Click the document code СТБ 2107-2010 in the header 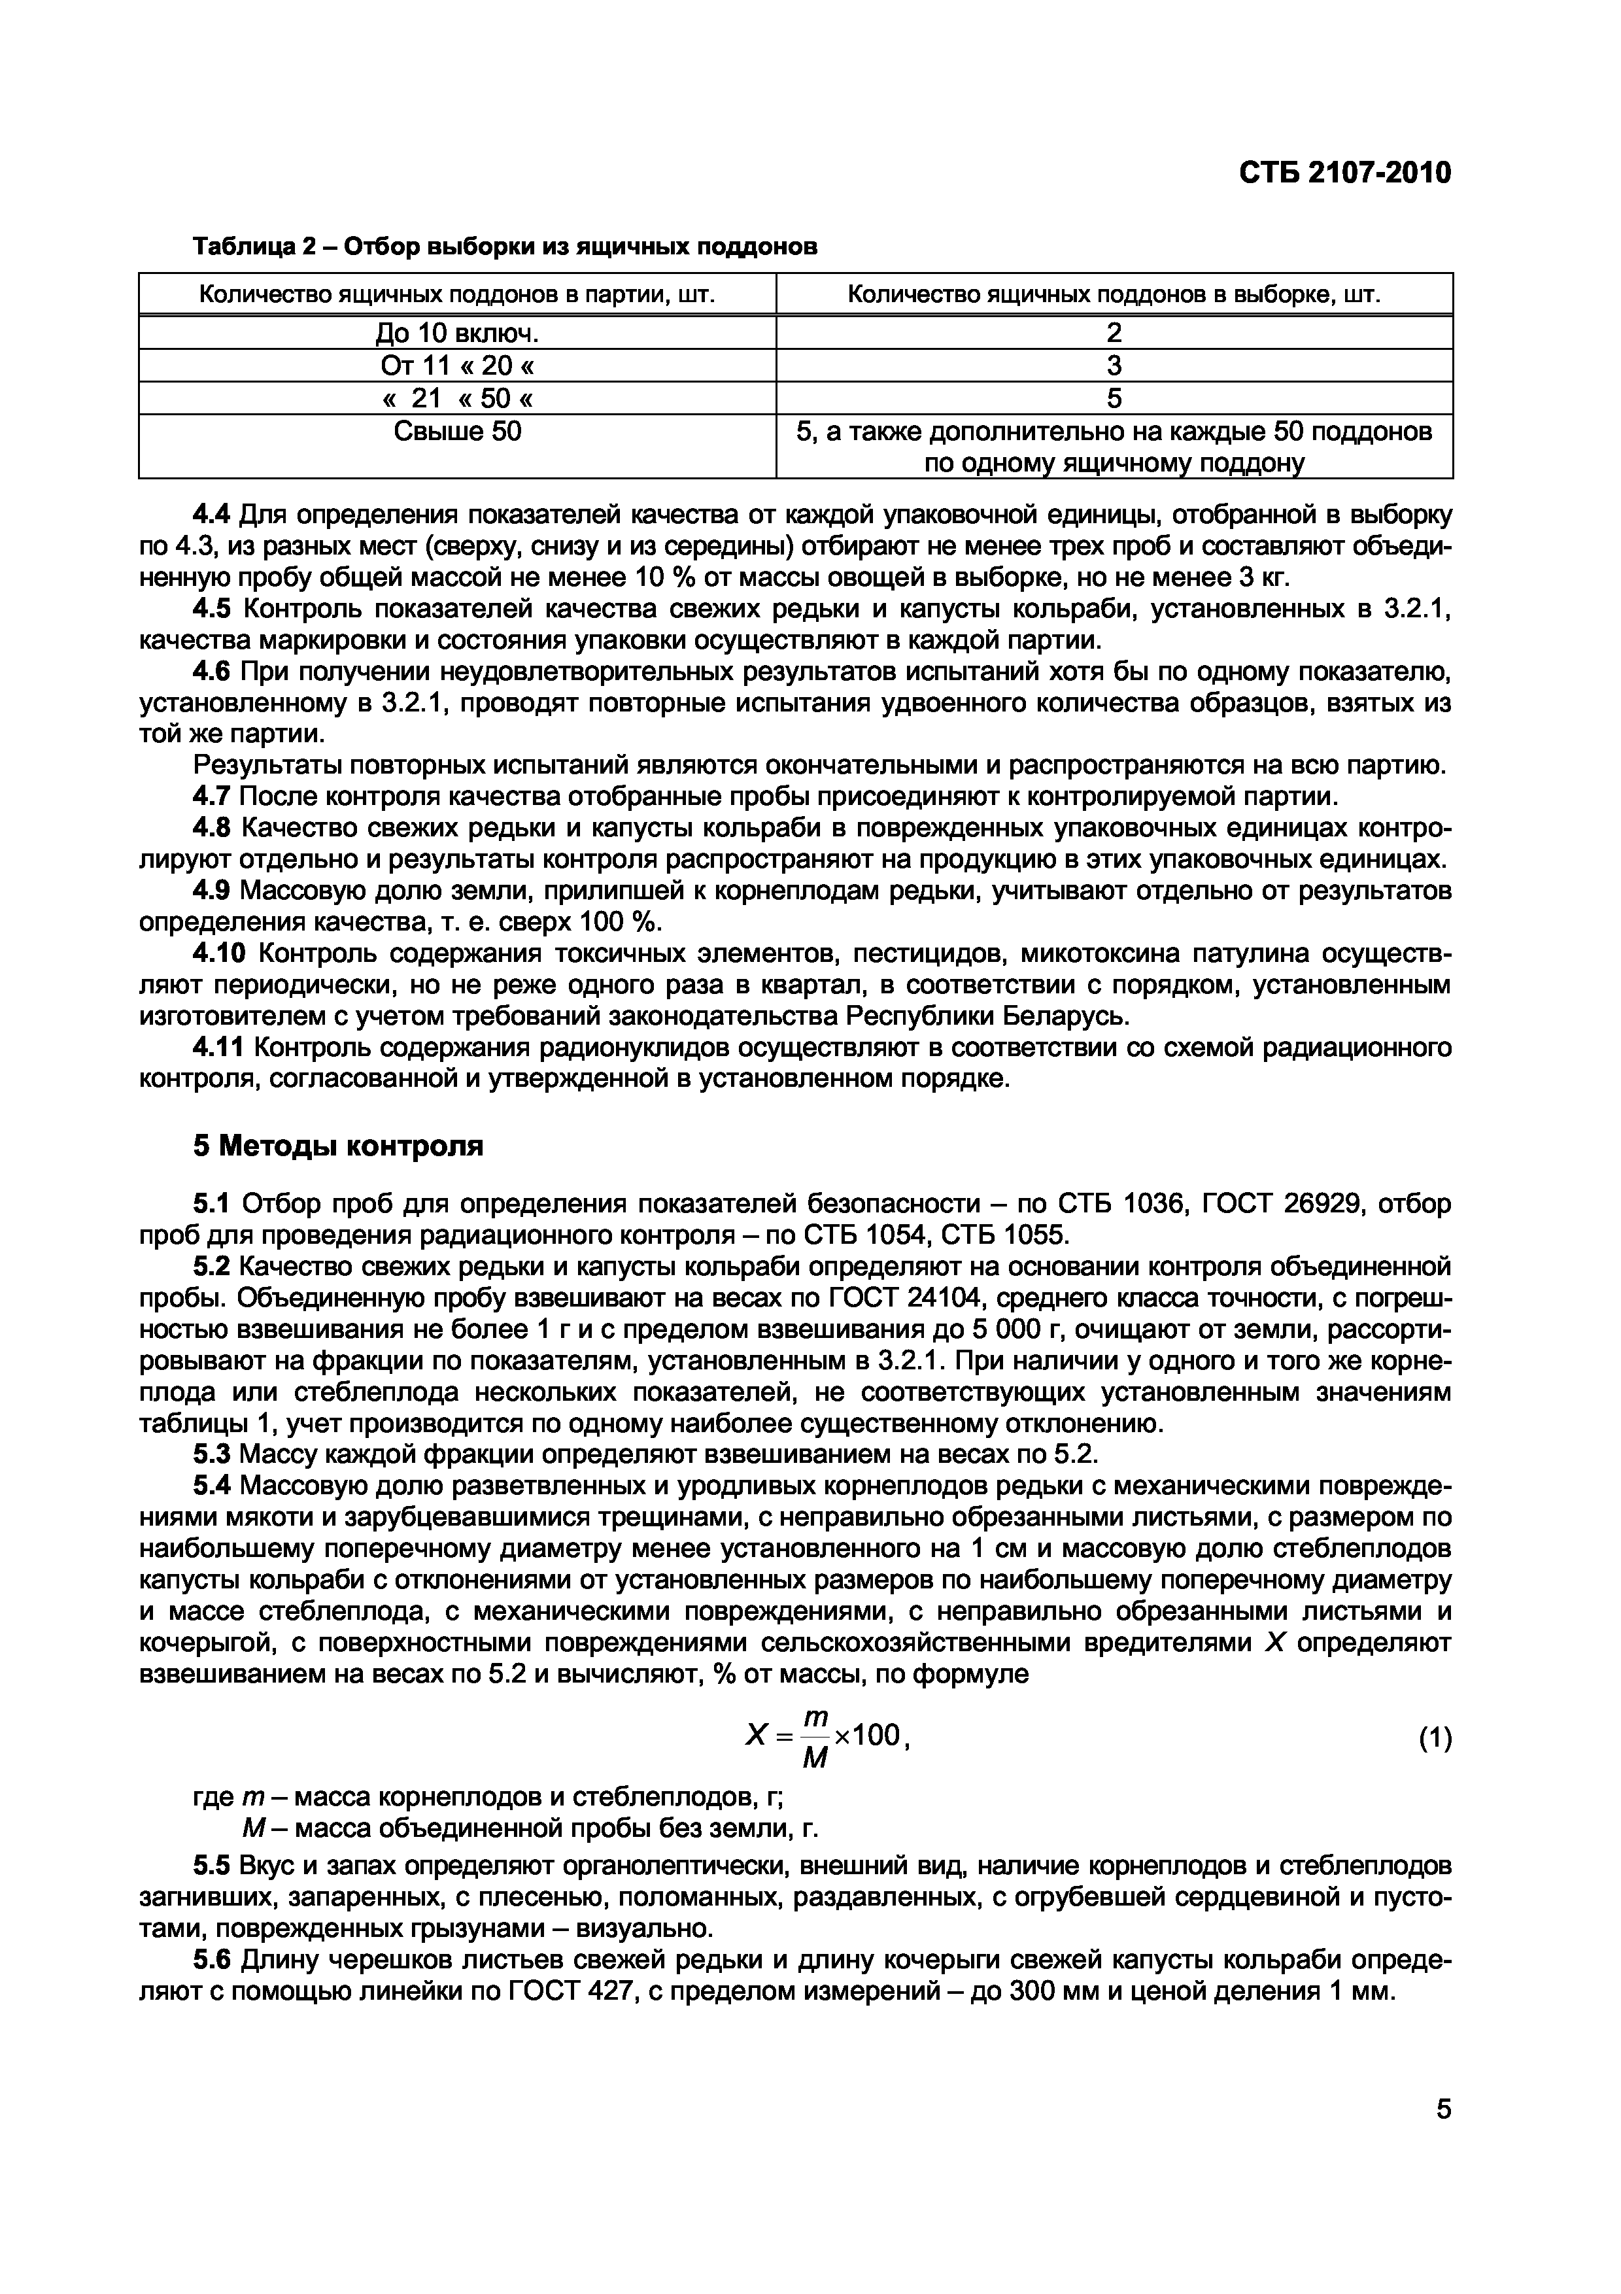coord(1344,173)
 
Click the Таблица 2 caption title coord(504,247)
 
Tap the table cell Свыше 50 coord(458,432)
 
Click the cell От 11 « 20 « coord(458,366)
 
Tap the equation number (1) coord(1434,1739)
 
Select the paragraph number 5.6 coord(211,1960)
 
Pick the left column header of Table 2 coord(458,295)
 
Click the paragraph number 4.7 coord(211,797)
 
